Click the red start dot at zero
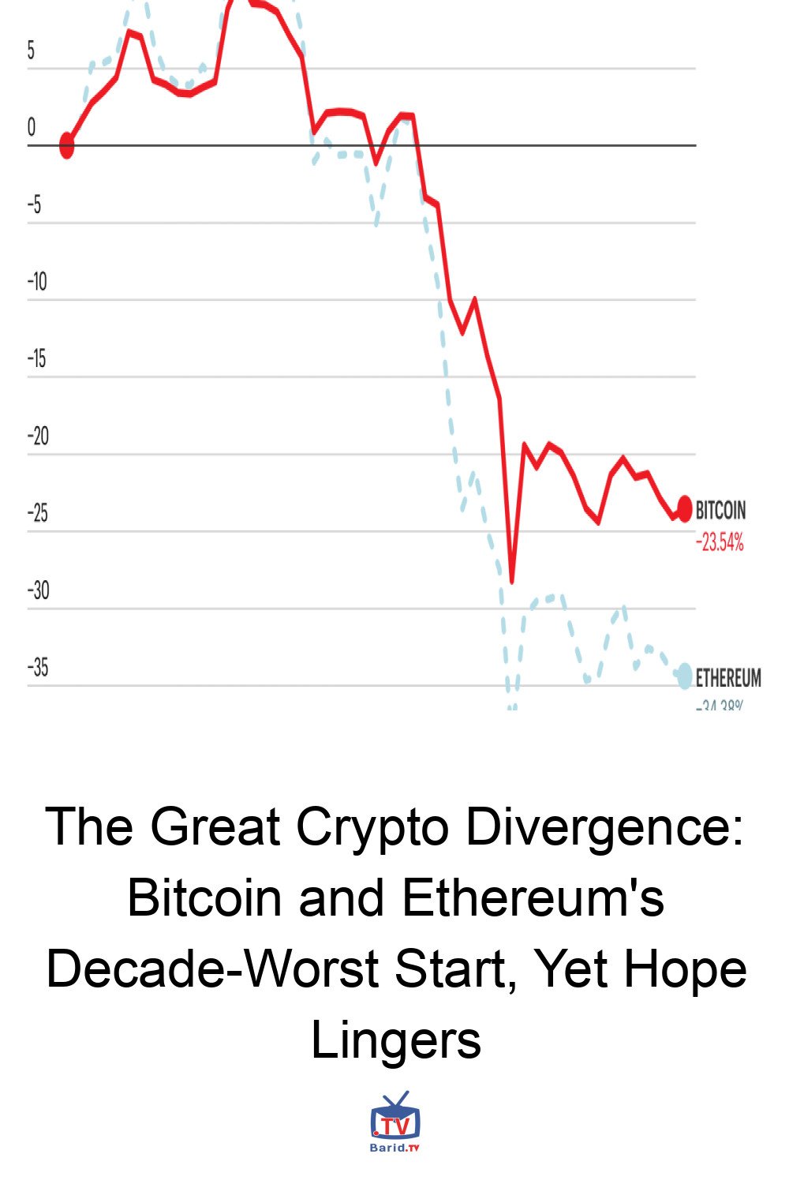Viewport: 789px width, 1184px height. (x=67, y=145)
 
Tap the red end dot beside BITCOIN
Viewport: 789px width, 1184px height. (x=684, y=508)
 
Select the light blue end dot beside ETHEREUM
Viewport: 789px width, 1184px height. (x=685, y=676)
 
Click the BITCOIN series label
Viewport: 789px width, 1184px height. (x=720, y=511)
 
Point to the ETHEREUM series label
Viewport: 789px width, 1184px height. (x=728, y=678)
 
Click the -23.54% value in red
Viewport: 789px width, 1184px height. (x=720, y=543)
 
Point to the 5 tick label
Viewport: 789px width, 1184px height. (x=32, y=51)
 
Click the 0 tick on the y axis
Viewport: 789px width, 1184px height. (x=32, y=127)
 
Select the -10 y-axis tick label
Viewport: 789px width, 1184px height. (x=37, y=282)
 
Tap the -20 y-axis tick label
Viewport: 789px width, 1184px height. (x=38, y=436)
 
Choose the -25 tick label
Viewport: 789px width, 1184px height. (x=38, y=513)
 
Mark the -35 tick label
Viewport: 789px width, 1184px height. (x=38, y=668)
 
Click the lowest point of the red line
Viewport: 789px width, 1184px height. (x=512, y=582)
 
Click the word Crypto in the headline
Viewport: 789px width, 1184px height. (x=372, y=827)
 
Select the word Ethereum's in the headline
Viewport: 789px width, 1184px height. (x=533, y=898)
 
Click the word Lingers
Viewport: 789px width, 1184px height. (x=396, y=1040)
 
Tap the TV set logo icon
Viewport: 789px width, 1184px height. (x=395, y=1116)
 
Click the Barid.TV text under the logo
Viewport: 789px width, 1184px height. (x=395, y=1148)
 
